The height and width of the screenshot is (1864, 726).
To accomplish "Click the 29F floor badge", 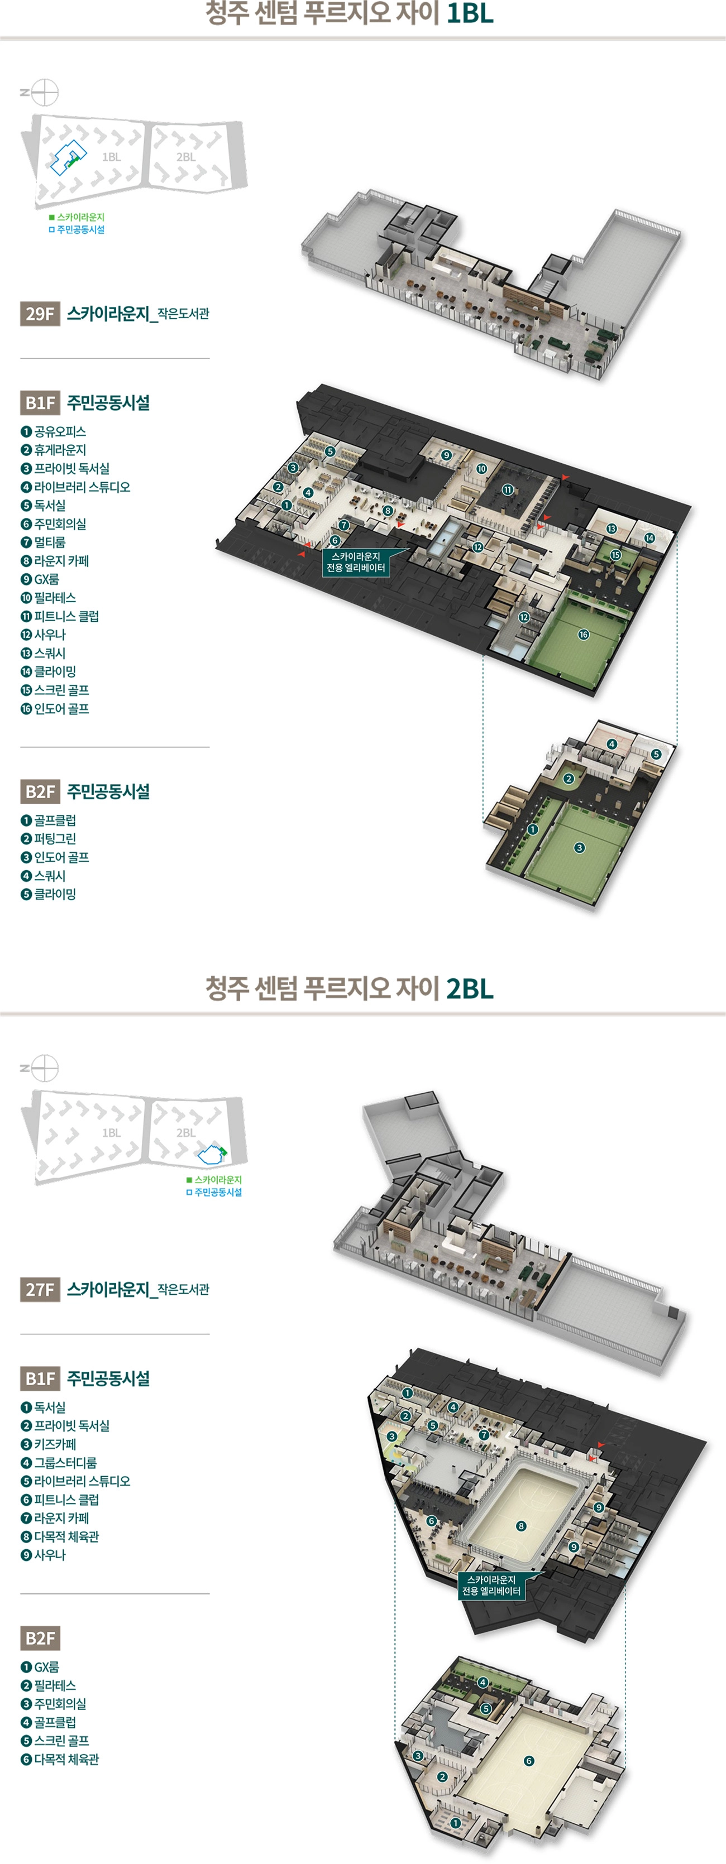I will click(x=40, y=313).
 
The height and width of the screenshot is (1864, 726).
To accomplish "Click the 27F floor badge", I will click(x=40, y=1289).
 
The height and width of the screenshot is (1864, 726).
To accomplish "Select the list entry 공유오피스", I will click(x=54, y=431).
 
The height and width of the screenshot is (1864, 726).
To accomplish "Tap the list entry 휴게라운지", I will click(x=54, y=450).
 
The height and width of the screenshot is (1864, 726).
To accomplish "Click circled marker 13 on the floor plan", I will click(x=612, y=529).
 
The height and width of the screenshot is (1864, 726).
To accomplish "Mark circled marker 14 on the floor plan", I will click(x=649, y=537).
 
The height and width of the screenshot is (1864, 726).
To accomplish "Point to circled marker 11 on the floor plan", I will click(x=508, y=490).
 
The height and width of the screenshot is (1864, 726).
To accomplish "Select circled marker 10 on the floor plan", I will click(x=481, y=469).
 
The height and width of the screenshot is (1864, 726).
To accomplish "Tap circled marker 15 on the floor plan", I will click(x=615, y=555).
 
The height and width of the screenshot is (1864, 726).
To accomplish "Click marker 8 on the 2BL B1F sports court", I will click(x=521, y=1526).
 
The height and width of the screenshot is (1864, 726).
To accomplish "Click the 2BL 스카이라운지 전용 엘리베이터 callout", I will click(x=491, y=1586).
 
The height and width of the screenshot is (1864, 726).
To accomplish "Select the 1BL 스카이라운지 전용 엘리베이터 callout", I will click(x=355, y=562).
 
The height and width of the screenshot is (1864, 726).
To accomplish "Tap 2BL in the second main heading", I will click(x=470, y=988).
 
